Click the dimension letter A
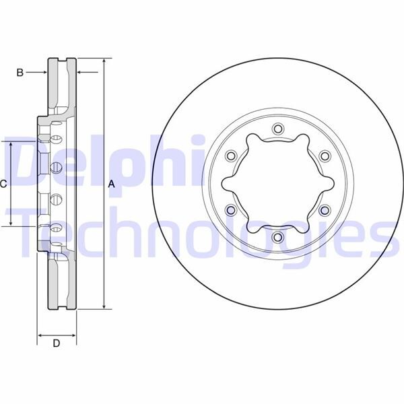(x=112, y=184)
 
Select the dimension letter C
(x=4, y=184)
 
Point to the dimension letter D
(x=57, y=344)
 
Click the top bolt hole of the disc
(x=277, y=129)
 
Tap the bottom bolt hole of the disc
(x=277, y=237)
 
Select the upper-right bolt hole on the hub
(x=324, y=156)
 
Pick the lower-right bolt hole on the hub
(x=324, y=210)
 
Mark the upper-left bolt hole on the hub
(x=231, y=156)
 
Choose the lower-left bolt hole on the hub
(x=231, y=210)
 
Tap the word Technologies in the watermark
(x=202, y=232)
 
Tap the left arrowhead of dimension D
(x=40, y=334)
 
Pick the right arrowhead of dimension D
(x=73, y=334)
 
